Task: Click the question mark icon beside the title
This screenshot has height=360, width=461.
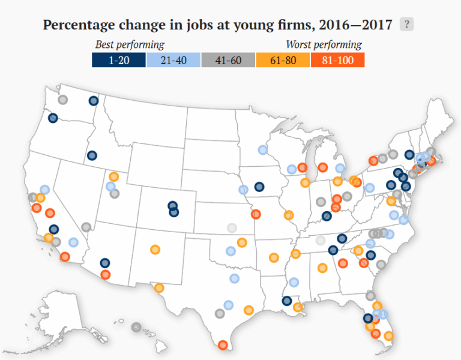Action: [407, 25]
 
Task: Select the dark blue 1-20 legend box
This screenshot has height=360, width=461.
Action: [119, 60]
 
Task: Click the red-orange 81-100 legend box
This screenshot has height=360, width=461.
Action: [337, 60]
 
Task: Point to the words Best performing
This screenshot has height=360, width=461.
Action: [130, 44]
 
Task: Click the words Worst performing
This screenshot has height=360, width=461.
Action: [324, 44]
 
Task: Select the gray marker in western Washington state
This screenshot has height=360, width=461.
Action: [62, 100]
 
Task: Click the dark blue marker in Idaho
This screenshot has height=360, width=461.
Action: [92, 155]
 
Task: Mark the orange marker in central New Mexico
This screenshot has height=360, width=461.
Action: [155, 249]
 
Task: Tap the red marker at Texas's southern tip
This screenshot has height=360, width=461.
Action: [223, 344]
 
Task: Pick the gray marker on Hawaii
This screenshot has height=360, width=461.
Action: [136, 327]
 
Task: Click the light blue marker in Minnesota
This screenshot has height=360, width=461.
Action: [262, 149]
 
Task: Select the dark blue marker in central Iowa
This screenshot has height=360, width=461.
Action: [259, 186]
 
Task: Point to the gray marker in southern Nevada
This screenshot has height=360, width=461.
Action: [86, 227]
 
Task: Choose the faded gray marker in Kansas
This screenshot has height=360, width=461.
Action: [232, 227]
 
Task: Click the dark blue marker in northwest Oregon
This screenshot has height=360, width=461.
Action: [53, 118]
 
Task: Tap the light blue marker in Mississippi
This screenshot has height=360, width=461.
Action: [294, 282]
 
